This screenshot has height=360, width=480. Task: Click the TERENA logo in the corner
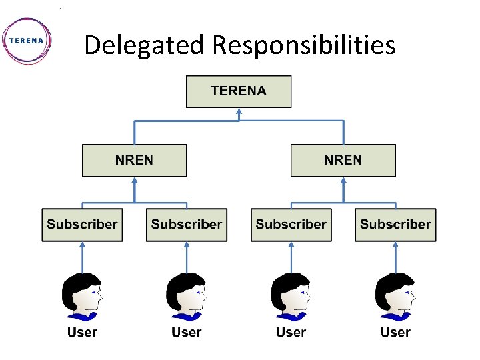tap(27, 40)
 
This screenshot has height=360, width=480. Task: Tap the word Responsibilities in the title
tap(303, 45)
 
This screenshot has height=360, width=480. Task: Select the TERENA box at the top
tap(239, 91)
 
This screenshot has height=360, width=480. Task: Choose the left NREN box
tap(134, 161)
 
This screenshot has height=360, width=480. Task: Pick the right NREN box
tap(343, 161)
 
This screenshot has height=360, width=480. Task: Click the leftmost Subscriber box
tap(82, 225)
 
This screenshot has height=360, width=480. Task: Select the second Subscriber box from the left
tap(187, 225)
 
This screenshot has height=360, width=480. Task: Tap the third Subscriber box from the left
tap(291, 225)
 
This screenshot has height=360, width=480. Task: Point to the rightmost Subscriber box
tap(395, 225)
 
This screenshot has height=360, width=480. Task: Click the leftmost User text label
tap(82, 332)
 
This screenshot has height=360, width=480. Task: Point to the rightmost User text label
tap(395, 332)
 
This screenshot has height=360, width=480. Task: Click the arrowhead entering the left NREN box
tap(135, 181)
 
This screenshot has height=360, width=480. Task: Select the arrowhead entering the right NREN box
tap(343, 181)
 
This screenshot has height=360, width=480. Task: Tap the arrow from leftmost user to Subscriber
tap(82, 259)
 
